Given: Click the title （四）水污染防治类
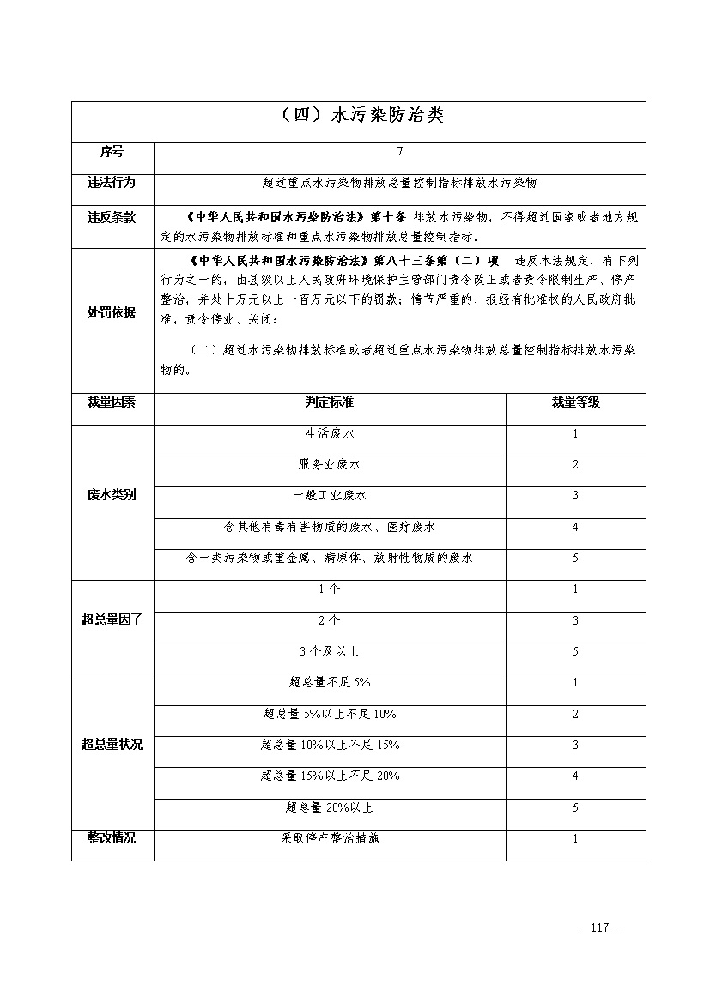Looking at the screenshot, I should (x=358, y=116).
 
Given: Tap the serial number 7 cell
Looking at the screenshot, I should (x=399, y=152).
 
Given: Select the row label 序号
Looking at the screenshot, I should (x=112, y=152).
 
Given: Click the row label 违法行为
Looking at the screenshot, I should (x=112, y=183).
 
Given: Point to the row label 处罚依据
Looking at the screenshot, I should (x=112, y=313).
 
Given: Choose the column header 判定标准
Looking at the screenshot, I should (x=330, y=402).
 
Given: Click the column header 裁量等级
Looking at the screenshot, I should (x=575, y=402).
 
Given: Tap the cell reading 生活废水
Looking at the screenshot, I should (x=330, y=434).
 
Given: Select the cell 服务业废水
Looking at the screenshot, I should (x=330, y=465).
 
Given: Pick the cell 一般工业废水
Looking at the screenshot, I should (x=330, y=496).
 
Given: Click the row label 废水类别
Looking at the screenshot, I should (x=112, y=496).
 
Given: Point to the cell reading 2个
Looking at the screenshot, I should (x=330, y=620).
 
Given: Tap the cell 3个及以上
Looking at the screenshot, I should (x=330, y=652).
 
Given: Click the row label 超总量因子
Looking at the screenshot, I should (x=112, y=620).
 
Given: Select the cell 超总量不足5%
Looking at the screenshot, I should (x=330, y=683).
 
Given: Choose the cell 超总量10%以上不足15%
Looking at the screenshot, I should (x=330, y=745).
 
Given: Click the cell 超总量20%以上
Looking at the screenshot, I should (x=330, y=807).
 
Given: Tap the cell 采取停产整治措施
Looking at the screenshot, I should (x=330, y=838).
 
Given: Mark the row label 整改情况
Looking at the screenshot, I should (x=112, y=838).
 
